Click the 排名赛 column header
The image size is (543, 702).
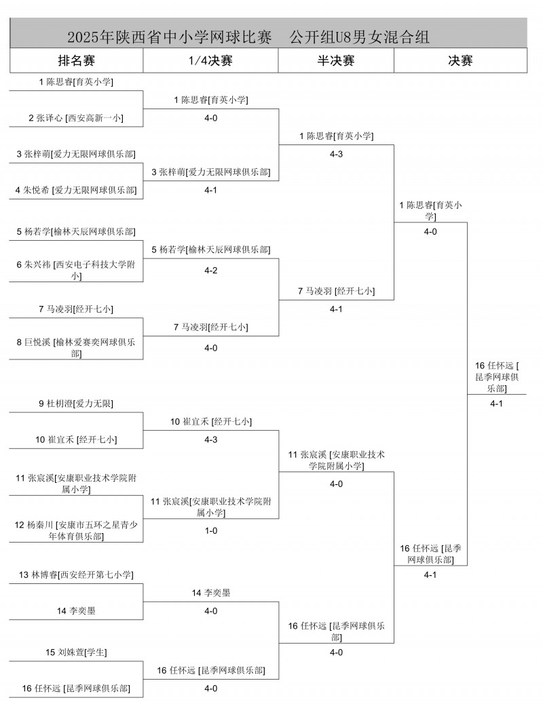[x=76, y=61]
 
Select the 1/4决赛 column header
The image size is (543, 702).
[x=210, y=61]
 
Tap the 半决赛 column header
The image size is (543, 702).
[x=336, y=61]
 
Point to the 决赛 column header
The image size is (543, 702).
[x=460, y=61]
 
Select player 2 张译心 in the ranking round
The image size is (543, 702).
[x=76, y=118]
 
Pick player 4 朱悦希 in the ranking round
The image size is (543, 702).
[x=76, y=191]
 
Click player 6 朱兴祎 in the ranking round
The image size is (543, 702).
[x=76, y=271]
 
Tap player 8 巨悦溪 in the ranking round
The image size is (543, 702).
[x=76, y=348]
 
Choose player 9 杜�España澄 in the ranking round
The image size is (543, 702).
[x=76, y=404]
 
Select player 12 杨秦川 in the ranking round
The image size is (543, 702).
[x=76, y=530]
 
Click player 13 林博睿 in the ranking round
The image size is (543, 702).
[x=76, y=575]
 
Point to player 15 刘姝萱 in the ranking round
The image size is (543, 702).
[x=76, y=652]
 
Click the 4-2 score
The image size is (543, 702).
[x=210, y=271]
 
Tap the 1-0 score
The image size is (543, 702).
[x=210, y=531]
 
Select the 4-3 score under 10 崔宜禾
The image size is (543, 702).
[x=210, y=440]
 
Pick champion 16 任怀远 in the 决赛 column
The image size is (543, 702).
[x=498, y=376]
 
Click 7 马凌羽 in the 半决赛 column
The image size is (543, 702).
[x=336, y=292]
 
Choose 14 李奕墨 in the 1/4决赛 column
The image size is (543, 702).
[x=210, y=593]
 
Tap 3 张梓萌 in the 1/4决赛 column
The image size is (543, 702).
[x=210, y=172]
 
